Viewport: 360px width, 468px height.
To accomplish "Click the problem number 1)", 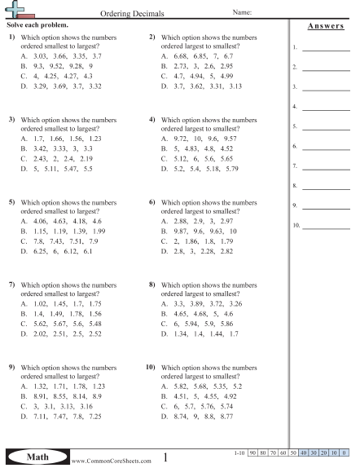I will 12,38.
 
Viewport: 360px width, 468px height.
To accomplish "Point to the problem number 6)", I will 152,201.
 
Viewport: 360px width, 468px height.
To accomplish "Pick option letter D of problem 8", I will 165,333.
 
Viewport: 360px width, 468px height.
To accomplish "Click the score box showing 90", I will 254,451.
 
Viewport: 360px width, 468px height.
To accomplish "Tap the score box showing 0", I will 345,451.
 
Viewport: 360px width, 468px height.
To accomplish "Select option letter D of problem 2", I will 165,85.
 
